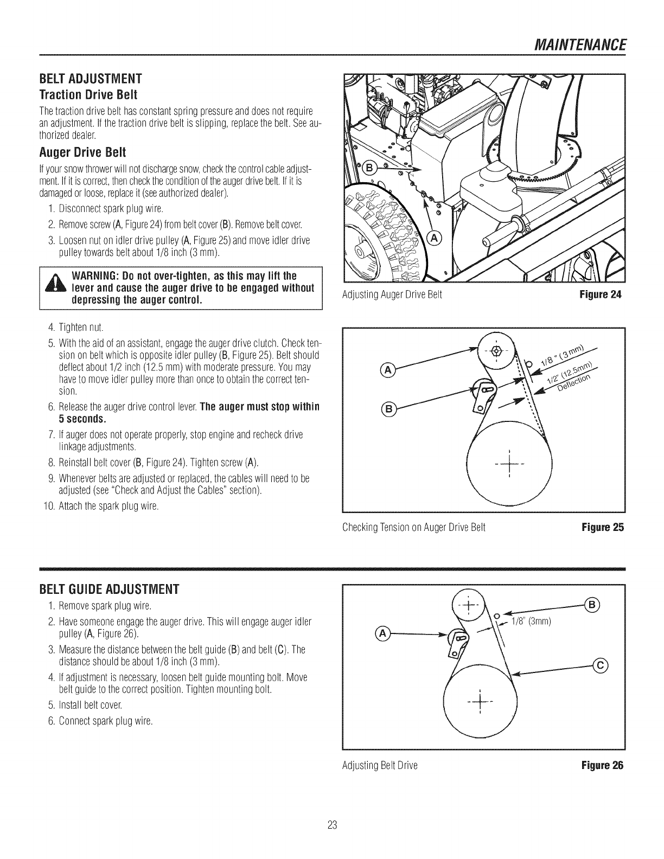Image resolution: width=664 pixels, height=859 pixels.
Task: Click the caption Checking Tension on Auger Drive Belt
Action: coord(413,527)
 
